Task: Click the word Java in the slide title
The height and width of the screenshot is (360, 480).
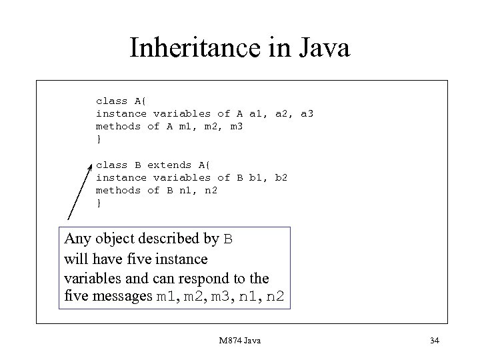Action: click(319, 48)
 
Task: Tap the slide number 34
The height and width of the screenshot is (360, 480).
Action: click(435, 341)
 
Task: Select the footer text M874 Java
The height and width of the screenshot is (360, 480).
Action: click(239, 341)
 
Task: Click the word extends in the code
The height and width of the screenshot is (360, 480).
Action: click(169, 165)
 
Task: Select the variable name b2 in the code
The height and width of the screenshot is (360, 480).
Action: click(281, 177)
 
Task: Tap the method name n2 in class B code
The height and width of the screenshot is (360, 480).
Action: click(211, 190)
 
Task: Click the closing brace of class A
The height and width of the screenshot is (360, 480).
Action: click(99, 139)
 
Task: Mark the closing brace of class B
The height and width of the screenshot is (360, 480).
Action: click(99, 203)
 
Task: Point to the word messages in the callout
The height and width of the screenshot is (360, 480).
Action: click(127, 295)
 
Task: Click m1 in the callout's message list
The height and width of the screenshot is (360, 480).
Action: click(163, 296)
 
